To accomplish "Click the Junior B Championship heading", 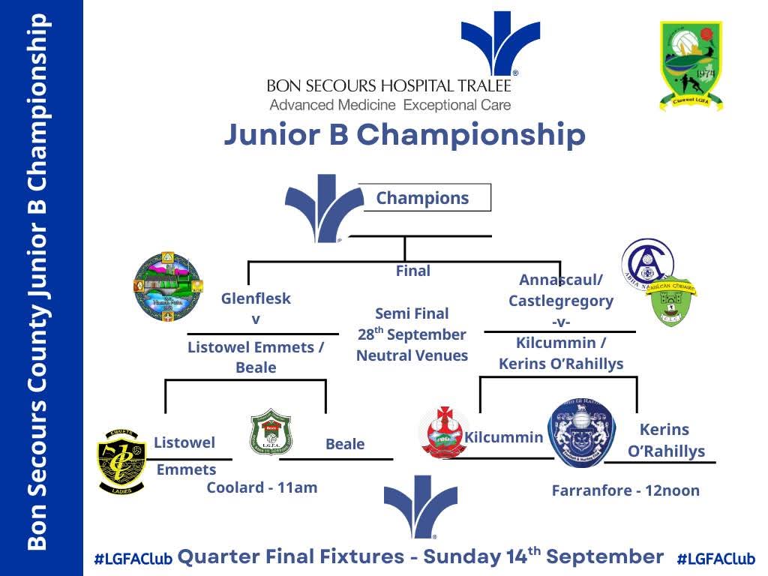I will [404, 136].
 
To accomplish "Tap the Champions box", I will [423, 198].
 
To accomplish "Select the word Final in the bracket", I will [412, 271].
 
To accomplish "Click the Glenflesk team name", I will [256, 298].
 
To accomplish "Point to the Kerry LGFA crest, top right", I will [691, 66].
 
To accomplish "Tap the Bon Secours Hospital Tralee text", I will [388, 86].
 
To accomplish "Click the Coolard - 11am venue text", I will [262, 487].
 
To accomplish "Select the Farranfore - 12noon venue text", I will [625, 491].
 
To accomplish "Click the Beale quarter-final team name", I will [345, 444].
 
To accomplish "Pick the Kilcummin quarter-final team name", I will [504, 437].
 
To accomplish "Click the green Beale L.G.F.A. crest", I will [271, 433].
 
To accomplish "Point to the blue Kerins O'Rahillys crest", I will [582, 433].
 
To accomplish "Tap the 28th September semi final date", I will [412, 334].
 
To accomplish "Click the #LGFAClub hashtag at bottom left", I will [133, 559].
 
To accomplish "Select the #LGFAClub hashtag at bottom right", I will [715, 559].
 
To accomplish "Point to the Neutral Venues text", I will [412, 355].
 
